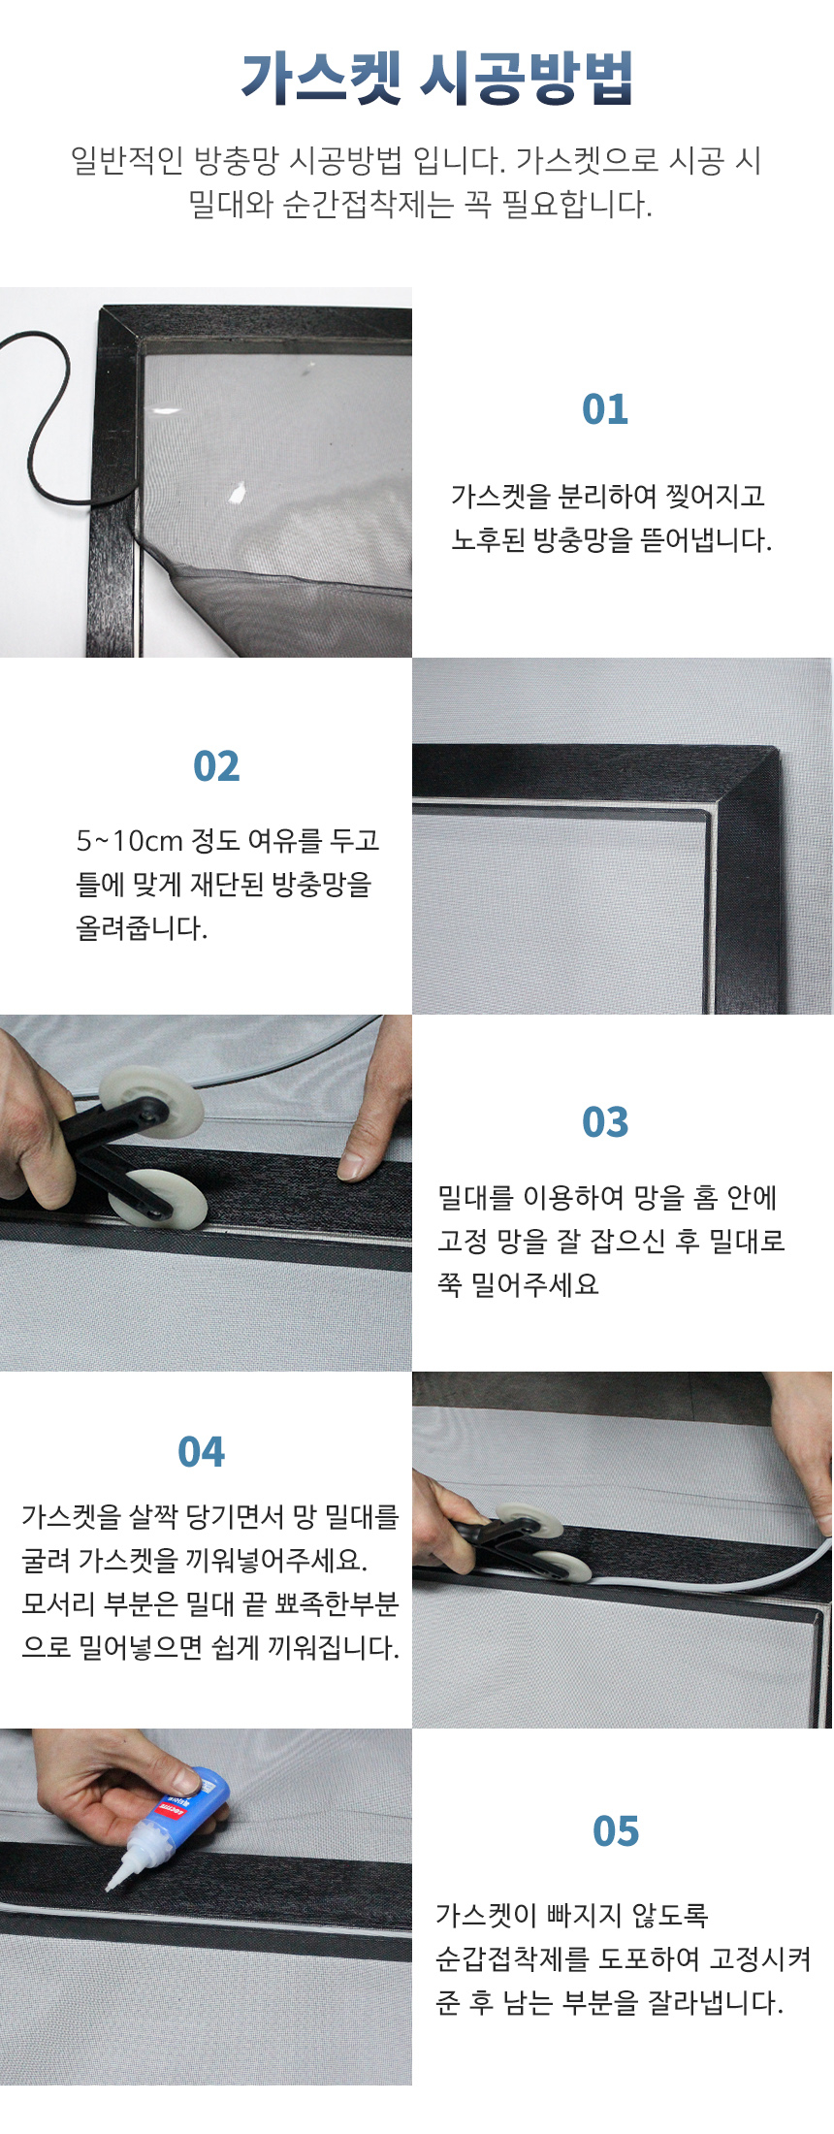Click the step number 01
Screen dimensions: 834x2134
pos(605,409)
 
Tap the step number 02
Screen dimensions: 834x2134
pos(216,766)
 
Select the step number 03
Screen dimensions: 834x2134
pos(605,1122)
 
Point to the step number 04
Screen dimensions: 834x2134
pos(201,1452)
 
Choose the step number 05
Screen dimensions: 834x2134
pos(616,1831)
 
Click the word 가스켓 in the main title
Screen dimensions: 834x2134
pos(321,78)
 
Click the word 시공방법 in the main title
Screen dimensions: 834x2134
pos(527,78)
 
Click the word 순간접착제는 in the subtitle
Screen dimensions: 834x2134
pos(369,205)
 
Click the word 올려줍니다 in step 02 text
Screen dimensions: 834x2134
pos(142,928)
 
